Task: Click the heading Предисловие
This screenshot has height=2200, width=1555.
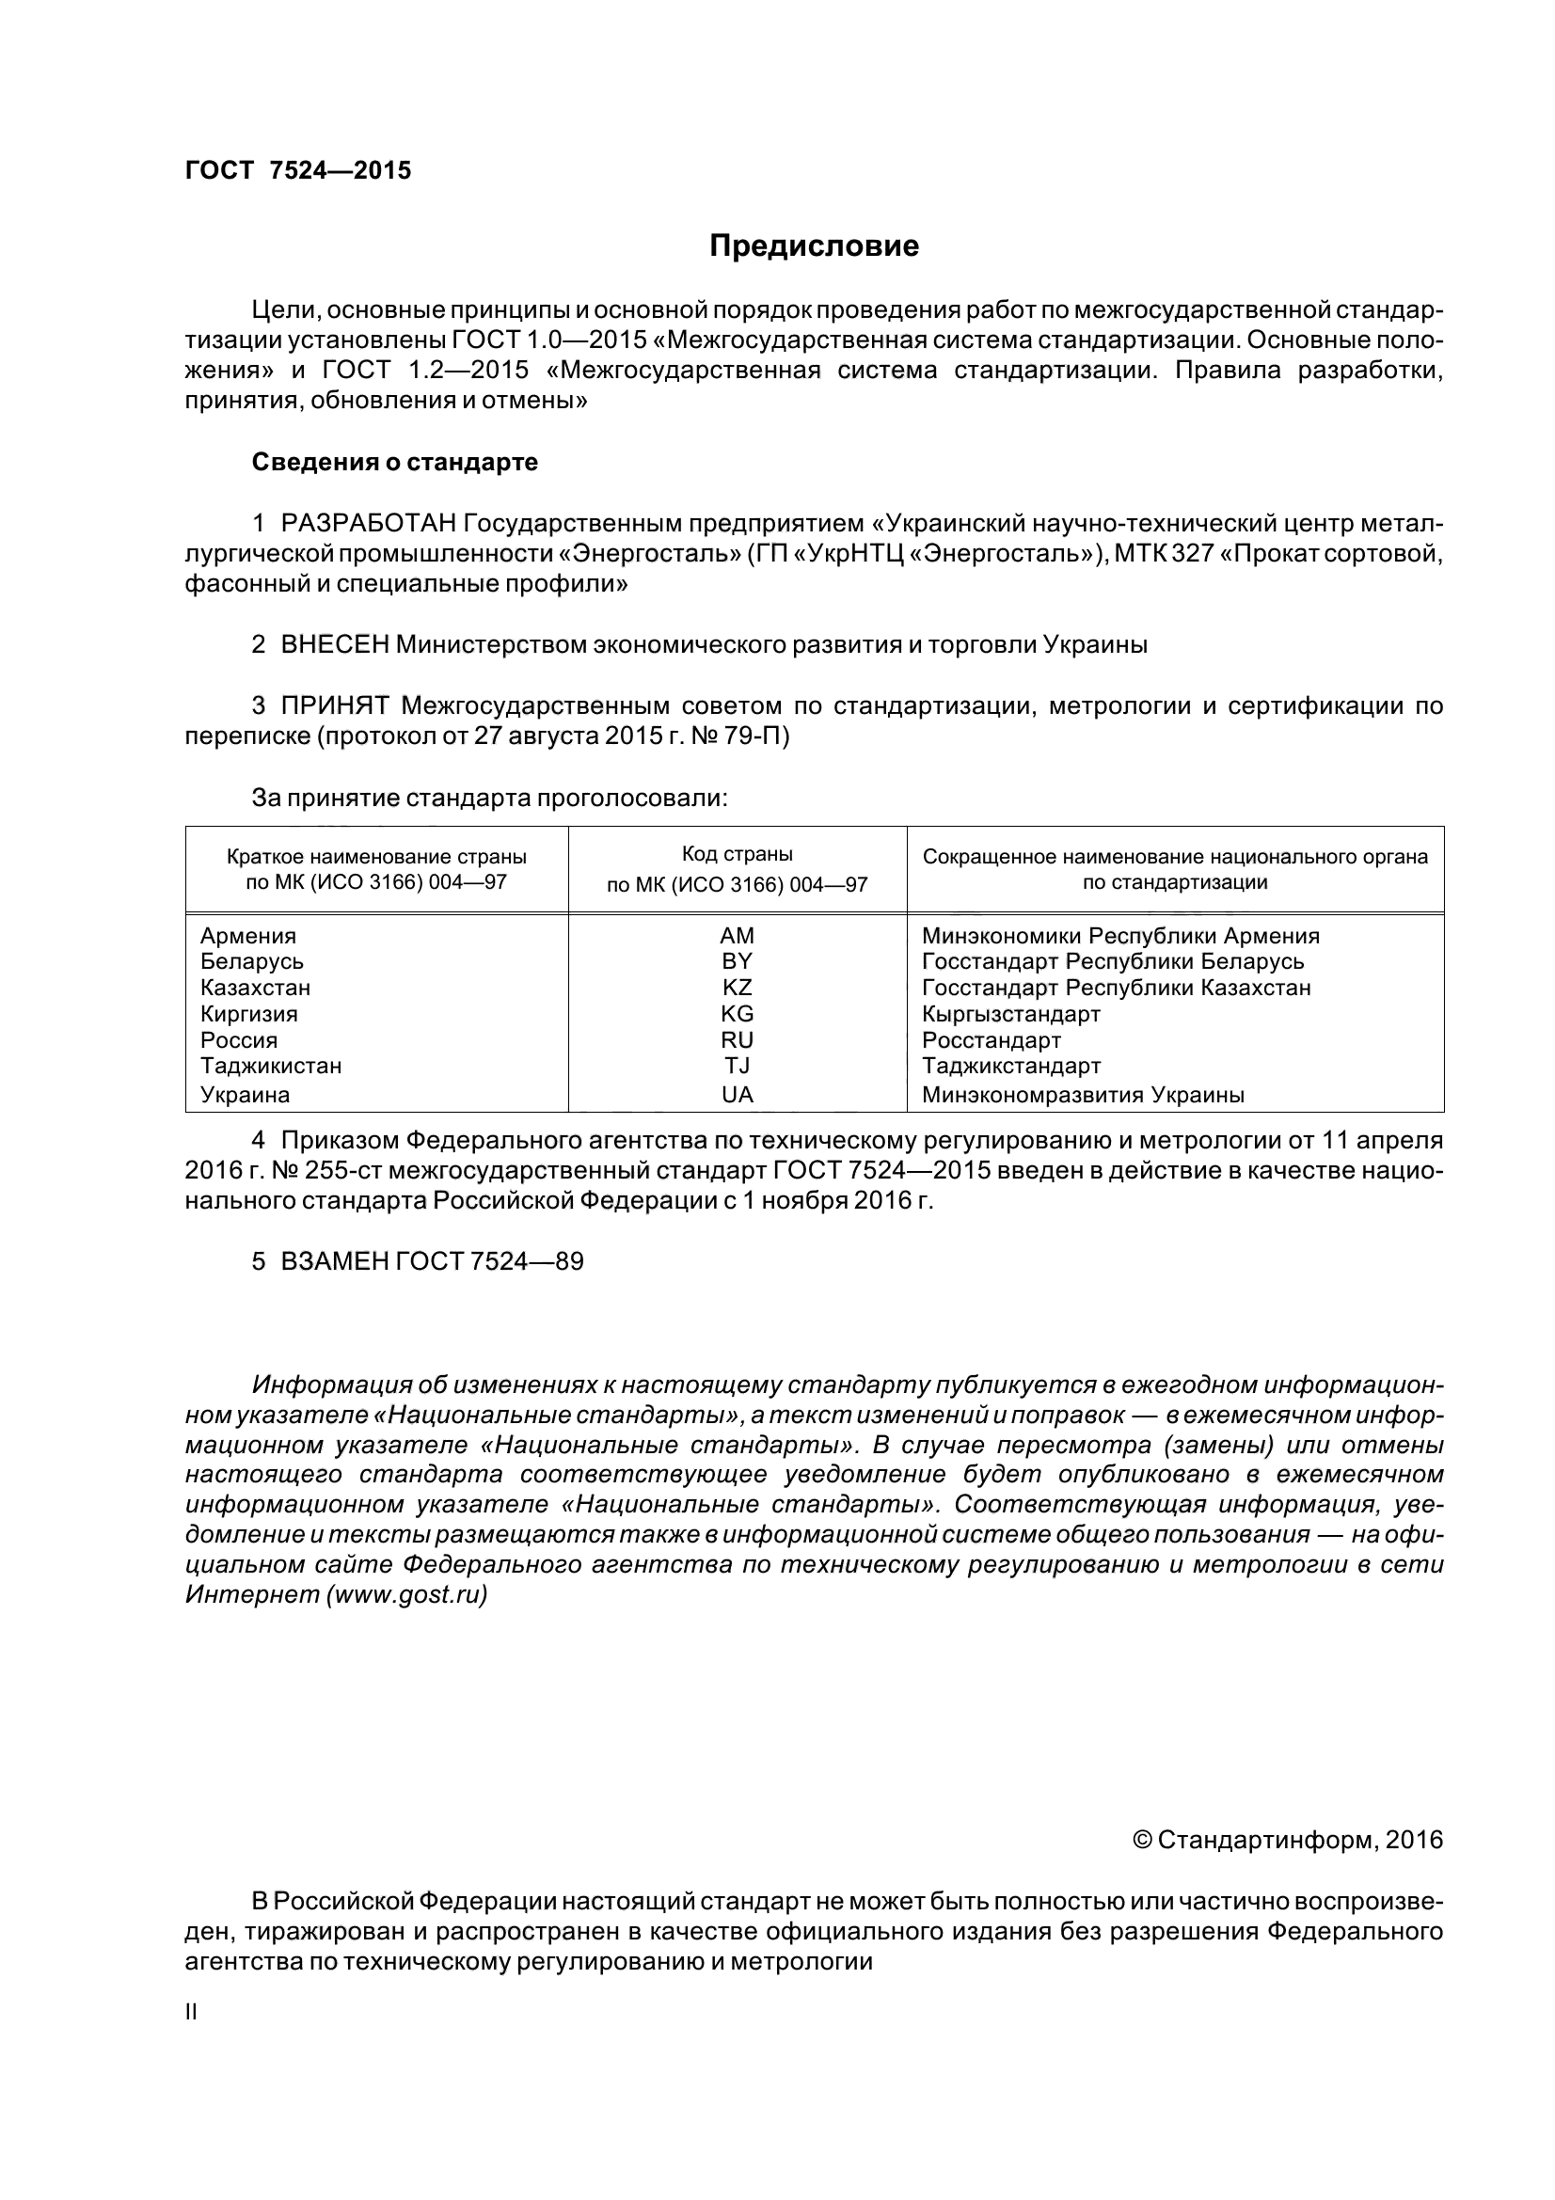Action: (x=814, y=246)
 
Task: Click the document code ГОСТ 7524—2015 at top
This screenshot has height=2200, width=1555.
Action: (x=297, y=170)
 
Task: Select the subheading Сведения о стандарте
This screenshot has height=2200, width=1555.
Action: (x=395, y=462)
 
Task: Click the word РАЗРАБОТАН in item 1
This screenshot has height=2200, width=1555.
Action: (x=368, y=523)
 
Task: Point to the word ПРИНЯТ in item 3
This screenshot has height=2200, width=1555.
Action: (x=334, y=706)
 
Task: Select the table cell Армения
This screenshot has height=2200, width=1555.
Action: (x=248, y=935)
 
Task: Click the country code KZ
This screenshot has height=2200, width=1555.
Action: (x=737, y=987)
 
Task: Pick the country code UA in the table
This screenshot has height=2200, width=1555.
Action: (x=737, y=1094)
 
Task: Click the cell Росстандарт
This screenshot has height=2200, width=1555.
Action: (x=991, y=1039)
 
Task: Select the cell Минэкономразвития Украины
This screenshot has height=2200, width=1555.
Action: (x=1083, y=1094)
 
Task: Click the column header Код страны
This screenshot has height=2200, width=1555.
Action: (x=737, y=854)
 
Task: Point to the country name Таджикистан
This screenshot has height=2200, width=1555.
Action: (x=271, y=1066)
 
